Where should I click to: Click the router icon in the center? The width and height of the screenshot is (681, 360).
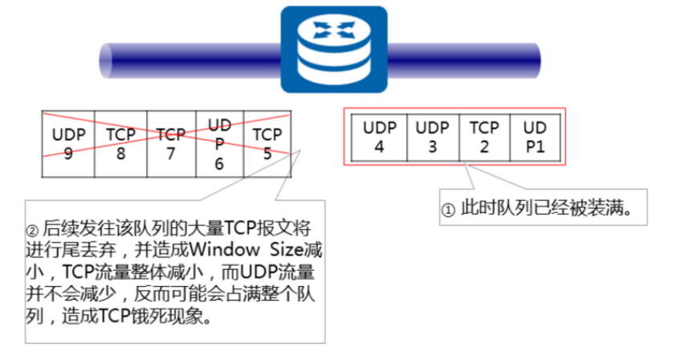[x=331, y=50]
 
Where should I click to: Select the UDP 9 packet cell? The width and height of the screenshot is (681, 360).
[x=68, y=144]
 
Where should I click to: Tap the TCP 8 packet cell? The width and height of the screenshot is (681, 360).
[x=120, y=144]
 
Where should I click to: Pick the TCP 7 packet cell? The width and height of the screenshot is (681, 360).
[x=170, y=144]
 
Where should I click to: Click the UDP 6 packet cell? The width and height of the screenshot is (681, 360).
[x=219, y=144]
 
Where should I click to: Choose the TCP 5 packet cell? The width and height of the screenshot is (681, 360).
[x=267, y=144]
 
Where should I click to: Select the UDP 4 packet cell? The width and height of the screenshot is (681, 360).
[x=379, y=136]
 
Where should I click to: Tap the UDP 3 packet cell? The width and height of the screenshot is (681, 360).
[x=433, y=136]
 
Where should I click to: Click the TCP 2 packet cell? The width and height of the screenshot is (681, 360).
[x=484, y=136]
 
